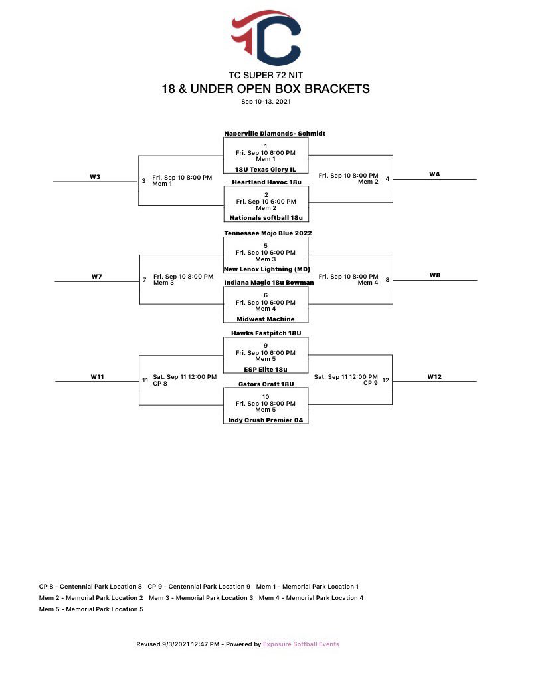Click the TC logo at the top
(266, 37)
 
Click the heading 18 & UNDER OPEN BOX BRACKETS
(266, 89)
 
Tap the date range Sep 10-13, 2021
(266, 102)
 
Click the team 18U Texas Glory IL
(265, 170)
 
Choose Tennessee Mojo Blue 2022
(268, 233)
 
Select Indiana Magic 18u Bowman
(268, 283)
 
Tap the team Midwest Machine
(266, 319)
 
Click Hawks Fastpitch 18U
(266, 333)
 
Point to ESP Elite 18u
(266, 369)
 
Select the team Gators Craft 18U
(266, 384)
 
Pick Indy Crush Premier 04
(266, 420)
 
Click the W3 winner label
(95, 176)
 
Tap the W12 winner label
(434, 377)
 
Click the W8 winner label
(434, 275)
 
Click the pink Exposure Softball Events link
(301, 644)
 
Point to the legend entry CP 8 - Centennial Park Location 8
(90, 587)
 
